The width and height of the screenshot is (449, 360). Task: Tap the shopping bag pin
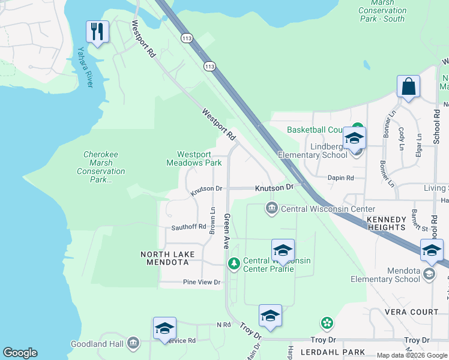408,86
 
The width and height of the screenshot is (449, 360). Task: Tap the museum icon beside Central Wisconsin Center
271,209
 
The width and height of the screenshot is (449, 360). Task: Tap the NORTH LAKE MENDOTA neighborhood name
167,259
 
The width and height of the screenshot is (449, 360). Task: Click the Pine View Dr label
202,282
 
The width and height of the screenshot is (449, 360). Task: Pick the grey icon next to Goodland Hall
133,343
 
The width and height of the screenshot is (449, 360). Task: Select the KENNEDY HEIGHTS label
387,223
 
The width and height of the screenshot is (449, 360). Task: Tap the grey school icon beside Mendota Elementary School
429,274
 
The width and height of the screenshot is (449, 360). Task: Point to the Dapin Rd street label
341,178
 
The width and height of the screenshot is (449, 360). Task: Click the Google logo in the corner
20,353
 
